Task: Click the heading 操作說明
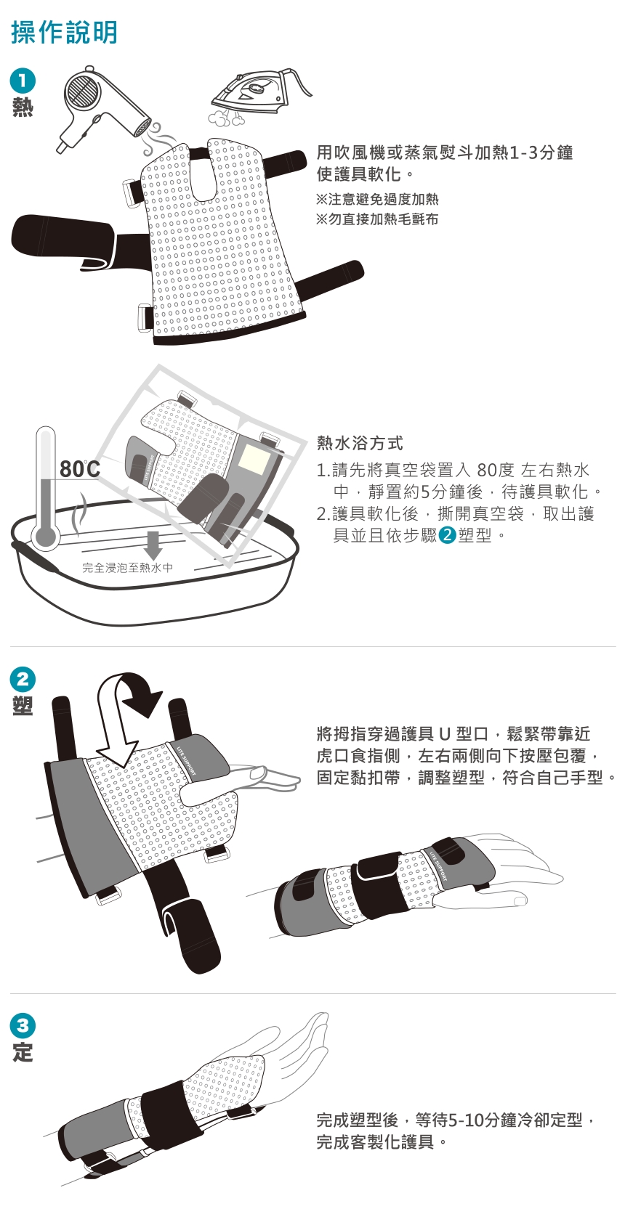point(64,32)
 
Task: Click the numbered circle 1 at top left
point(23,81)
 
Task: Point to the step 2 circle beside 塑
point(23,678)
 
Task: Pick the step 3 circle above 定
point(23,1025)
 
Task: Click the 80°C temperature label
point(80,469)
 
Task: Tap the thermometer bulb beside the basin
point(45,537)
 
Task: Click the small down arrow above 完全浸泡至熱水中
point(153,545)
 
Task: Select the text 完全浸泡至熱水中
point(127,568)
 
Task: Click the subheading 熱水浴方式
point(360,444)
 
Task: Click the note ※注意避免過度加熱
point(377,199)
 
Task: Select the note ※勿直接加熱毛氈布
point(377,219)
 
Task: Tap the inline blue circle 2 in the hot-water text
point(448,535)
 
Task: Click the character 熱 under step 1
point(23,108)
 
